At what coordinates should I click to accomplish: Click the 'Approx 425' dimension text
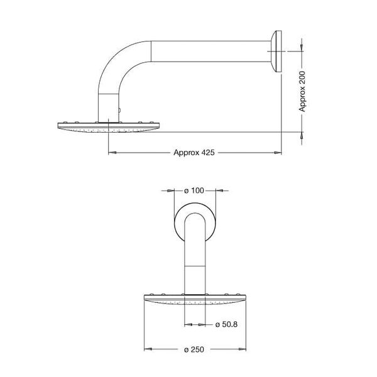[x=194, y=153]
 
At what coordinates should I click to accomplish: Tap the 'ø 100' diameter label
[x=195, y=190]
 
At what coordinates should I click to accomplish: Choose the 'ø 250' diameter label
[x=195, y=349]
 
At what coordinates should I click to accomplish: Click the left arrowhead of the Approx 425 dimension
[x=111, y=153]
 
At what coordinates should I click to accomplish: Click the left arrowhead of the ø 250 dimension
[x=148, y=349]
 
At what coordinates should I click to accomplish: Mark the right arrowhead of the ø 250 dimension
[x=242, y=349]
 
